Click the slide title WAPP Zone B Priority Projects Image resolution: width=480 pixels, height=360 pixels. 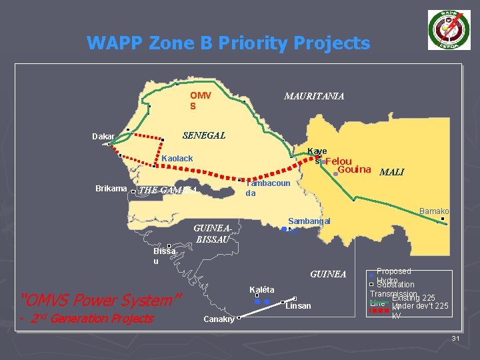pos(228,44)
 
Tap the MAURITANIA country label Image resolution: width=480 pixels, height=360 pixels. pos(314,97)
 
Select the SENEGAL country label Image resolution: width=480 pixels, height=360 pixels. pos(204,135)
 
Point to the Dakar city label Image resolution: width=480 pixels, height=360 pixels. pos(103,137)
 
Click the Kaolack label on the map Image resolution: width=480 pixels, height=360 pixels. pos(177,159)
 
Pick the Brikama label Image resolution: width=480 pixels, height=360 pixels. pos(111,189)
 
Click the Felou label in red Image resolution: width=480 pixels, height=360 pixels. pos(339,161)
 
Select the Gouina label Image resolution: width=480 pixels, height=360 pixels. pos(355,170)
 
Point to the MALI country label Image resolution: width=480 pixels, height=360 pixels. pos(391,172)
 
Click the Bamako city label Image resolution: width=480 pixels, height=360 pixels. pos(434,211)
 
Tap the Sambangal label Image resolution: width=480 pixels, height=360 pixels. pos(309,221)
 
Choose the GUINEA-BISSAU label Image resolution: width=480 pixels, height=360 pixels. pos(213,233)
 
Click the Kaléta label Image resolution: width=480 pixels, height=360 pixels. pos(261,289)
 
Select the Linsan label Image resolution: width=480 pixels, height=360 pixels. pos(298,306)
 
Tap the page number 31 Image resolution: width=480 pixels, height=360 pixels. pos(456,339)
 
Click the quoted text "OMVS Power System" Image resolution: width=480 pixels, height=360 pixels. pos(101,300)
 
